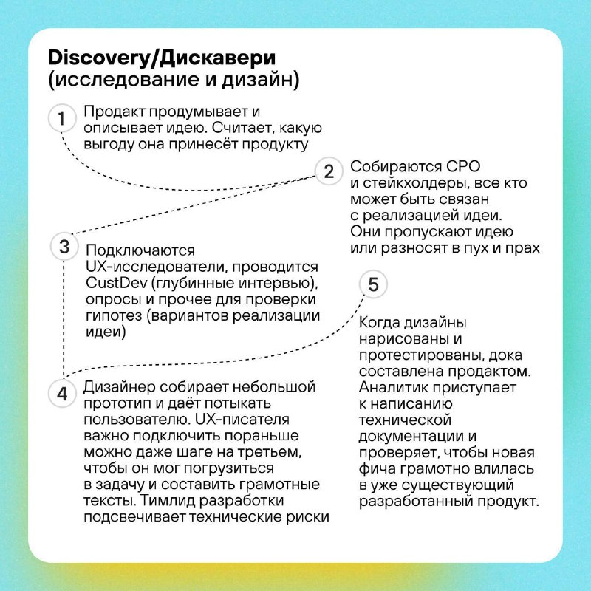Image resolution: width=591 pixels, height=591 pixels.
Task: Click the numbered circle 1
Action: (62, 118)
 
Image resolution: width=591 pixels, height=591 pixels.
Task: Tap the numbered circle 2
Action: (329, 171)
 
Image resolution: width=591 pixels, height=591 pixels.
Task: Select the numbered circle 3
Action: (64, 247)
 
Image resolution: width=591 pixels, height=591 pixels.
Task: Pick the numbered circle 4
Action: (62, 394)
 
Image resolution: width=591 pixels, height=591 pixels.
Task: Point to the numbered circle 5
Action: (373, 284)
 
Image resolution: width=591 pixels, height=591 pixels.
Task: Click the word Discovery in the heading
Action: (99, 58)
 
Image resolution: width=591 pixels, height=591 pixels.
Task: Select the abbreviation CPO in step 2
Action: (463, 166)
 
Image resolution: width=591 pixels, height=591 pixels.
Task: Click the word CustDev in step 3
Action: (116, 283)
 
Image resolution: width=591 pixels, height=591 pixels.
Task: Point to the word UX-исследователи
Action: (156, 267)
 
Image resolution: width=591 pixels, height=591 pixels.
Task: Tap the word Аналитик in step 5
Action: (394, 387)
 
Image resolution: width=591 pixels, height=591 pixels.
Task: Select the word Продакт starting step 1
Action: (115, 112)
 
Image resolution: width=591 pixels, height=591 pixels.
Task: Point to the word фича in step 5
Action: (377, 469)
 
